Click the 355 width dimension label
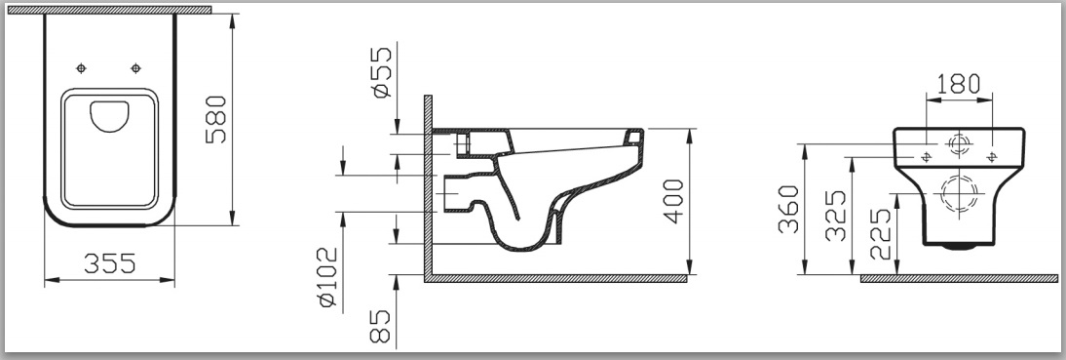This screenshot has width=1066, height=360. click(110, 262)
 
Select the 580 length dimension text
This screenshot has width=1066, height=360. click(216, 119)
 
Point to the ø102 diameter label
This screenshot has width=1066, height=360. click(327, 276)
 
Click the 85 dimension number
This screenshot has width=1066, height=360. click(381, 325)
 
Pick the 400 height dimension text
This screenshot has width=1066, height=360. click(673, 201)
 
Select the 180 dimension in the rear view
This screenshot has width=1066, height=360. click(959, 84)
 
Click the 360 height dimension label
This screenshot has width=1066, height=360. click(788, 209)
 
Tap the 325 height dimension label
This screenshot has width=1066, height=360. click(835, 216)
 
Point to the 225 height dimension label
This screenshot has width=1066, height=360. click(881, 234)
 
